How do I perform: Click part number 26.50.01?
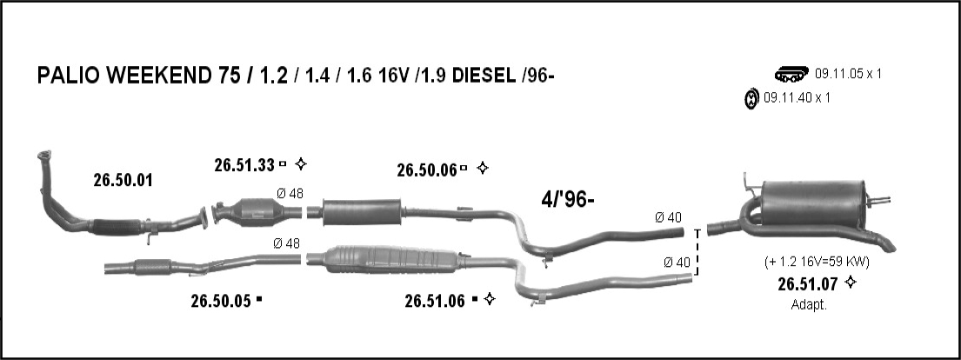123,180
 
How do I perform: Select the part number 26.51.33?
244,165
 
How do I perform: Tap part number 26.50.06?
426,170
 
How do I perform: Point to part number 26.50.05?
221,301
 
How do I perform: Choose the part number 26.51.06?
435,301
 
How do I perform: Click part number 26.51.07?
808,284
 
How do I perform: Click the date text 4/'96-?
568,199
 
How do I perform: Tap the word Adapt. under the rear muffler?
809,305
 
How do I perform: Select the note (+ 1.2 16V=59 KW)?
817,262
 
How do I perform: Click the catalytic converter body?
258,211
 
